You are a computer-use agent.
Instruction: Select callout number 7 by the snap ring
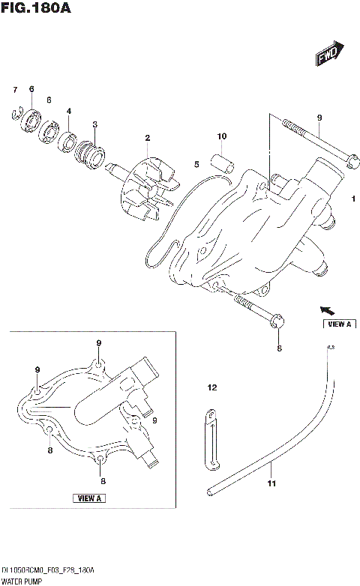coord(14,90)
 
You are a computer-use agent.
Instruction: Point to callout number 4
coord(69,111)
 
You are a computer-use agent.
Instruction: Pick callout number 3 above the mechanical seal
coord(94,124)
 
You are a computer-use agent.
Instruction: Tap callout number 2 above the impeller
coord(148,137)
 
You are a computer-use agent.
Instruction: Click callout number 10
coord(221,136)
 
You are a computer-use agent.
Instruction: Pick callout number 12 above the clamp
coord(211,387)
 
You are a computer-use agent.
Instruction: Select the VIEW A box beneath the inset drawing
coord(90,498)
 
